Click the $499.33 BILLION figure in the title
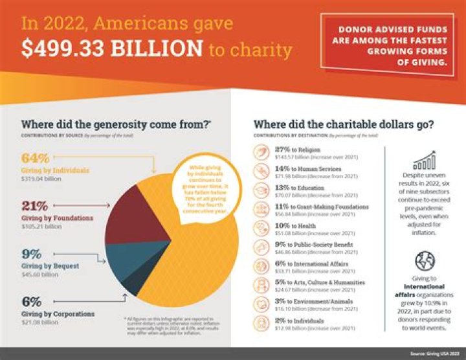(x=112, y=49)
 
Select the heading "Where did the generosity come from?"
(x=116, y=124)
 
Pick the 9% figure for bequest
(x=32, y=254)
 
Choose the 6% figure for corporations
(x=32, y=302)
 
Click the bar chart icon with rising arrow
(x=424, y=161)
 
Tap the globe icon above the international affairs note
(x=425, y=261)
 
